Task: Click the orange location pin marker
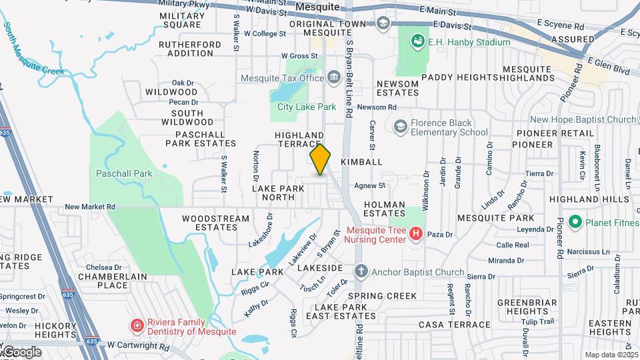pos(321,159)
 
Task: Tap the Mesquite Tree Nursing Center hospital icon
pos(417,233)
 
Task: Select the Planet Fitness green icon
pos(575,222)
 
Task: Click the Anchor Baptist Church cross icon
pos(361,271)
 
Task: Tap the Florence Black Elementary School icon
pos(400,126)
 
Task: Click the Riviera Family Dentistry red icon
pos(137,325)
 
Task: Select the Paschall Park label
pos(124,174)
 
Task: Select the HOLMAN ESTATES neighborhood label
pos(385,209)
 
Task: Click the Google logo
pos(22,351)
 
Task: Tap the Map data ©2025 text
pos(611,355)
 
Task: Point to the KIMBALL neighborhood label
pos(361,162)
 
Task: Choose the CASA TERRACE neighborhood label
pos(454,325)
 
